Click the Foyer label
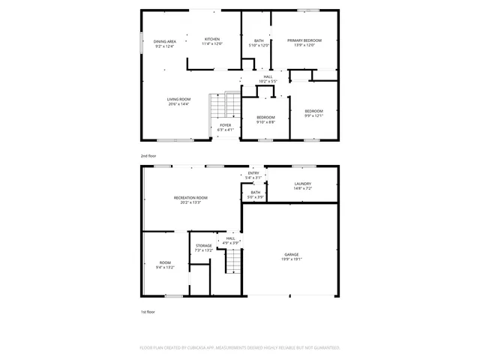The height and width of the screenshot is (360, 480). click(225, 127)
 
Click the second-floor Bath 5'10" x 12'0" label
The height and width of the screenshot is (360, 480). click(259, 43)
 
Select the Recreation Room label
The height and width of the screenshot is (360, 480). click(190, 199)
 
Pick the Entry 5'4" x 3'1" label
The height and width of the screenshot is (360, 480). click(253, 175)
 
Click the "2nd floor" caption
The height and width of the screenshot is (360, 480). click(148, 155)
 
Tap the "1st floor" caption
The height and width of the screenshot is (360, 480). click(148, 311)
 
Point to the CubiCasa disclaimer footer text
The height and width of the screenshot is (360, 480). click(240, 347)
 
